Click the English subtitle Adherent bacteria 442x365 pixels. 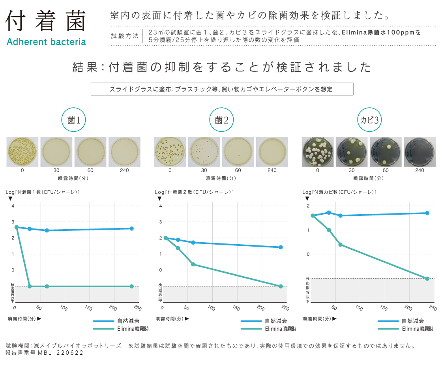click(46, 41)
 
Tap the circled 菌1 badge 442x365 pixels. click(73, 120)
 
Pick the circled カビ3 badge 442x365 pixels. click(369, 120)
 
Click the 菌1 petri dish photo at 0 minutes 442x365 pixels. click(22, 152)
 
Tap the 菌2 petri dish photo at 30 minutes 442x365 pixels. click(204, 152)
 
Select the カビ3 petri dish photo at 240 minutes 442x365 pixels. click(420, 152)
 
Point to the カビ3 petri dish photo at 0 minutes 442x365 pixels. click(318, 152)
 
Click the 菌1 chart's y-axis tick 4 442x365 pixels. click(13, 206)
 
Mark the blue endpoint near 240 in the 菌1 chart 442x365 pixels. click(131, 228)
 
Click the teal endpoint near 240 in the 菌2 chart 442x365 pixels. click(281, 286)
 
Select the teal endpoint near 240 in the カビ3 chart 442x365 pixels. click(427, 279)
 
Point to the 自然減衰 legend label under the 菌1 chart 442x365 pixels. click(128, 321)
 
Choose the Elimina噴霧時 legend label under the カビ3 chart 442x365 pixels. click(418, 329)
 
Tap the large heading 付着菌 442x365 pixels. click(46, 22)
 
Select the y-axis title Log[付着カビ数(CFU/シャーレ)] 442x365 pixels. click(339, 192)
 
